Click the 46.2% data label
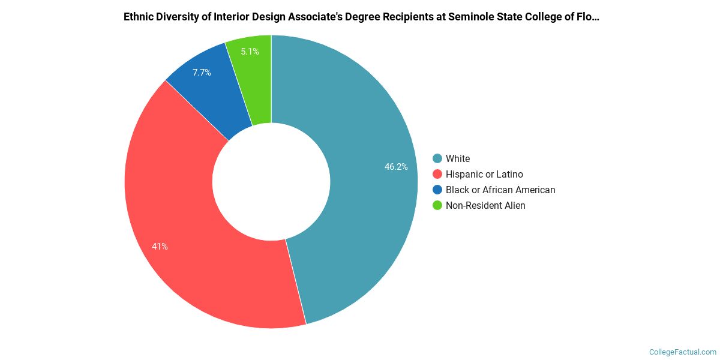click(x=396, y=167)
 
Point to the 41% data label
click(x=160, y=246)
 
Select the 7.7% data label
click(x=202, y=73)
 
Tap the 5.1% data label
click(x=250, y=52)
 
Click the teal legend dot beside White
click(x=437, y=158)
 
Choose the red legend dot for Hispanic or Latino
click(x=437, y=174)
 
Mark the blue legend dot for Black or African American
click(x=437, y=190)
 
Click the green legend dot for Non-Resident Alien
click(x=437, y=205)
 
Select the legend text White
click(x=458, y=158)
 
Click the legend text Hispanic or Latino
click(x=484, y=174)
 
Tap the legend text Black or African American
click(x=500, y=190)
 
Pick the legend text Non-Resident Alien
click(x=485, y=205)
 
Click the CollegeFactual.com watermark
click(x=682, y=352)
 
